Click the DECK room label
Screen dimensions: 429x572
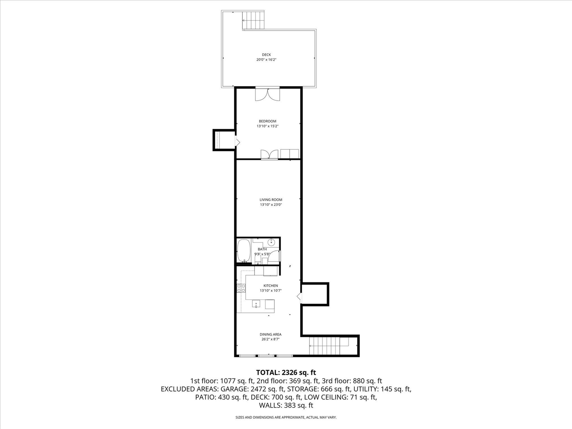pos(266,55)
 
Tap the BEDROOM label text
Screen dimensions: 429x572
pos(267,121)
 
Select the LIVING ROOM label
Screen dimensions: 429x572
pos(271,200)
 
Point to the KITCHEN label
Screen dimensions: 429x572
pos(270,286)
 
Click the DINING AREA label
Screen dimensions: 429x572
pos(270,334)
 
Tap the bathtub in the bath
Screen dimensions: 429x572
pos(244,250)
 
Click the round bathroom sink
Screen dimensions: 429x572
pos(271,243)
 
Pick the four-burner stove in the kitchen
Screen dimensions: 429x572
pos(241,288)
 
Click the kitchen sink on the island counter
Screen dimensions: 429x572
pos(257,305)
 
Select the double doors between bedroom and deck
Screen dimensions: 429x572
pos(267,94)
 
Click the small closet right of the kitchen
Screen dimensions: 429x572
pos(315,294)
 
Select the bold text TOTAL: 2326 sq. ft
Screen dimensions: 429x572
pos(286,372)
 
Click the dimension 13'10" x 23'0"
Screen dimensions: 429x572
pos(271,205)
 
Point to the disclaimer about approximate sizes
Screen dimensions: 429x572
pos(286,417)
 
